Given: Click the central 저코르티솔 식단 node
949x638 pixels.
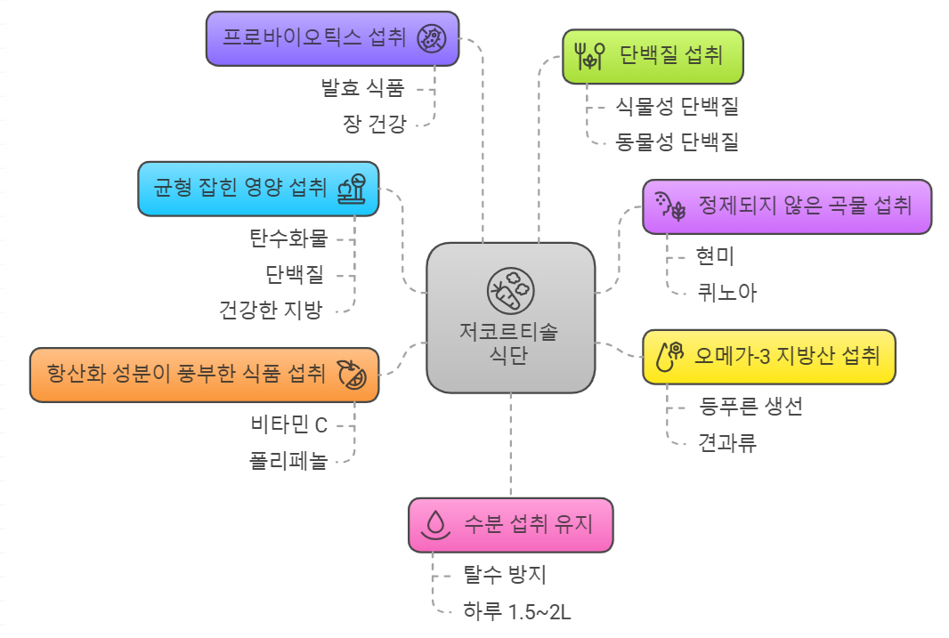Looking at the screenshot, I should (510, 318).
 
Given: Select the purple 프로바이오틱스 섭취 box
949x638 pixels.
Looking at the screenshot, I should (332, 38).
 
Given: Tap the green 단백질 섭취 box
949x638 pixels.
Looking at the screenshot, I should (653, 57).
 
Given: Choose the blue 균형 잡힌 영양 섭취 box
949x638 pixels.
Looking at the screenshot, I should (258, 189).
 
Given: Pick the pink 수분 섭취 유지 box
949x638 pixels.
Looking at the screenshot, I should (510, 524).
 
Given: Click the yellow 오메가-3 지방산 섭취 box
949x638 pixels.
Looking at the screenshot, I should (769, 357).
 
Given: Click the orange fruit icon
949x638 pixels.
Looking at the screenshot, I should (352, 375).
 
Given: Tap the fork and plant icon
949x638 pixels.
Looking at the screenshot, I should (591, 57).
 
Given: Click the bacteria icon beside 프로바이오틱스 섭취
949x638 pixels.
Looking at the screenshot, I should (431, 38).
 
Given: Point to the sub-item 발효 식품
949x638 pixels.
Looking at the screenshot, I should (362, 88).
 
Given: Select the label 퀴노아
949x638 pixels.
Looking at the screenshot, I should (727, 292).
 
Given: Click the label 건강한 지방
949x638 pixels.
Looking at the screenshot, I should (271, 310).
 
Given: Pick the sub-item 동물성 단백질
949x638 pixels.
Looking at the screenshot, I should (677, 141).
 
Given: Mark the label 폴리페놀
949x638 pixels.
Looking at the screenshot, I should (288, 461).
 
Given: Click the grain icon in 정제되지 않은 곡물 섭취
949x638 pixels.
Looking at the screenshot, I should (669, 206).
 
